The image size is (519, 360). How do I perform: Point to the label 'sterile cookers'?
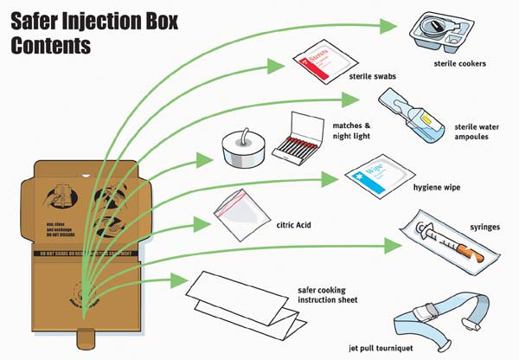pos(460,63)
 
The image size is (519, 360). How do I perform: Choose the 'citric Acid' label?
pos(290,226)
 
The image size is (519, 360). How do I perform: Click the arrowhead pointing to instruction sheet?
pos(183,280)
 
